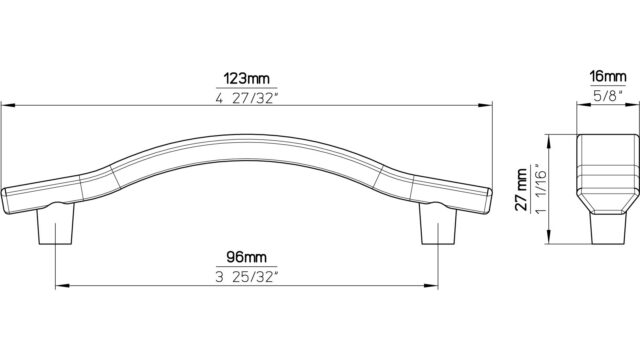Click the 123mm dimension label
pyautogui.click(x=247, y=78)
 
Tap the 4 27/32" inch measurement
pyautogui.click(x=247, y=98)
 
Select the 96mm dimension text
pyautogui.click(x=247, y=257)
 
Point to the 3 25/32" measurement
pyautogui.click(x=247, y=277)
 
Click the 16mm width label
pyautogui.click(x=608, y=76)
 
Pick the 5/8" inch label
pyautogui.click(x=608, y=96)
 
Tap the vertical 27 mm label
pyautogui.click(x=521, y=189)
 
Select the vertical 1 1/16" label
pyautogui.click(x=541, y=189)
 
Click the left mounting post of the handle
pyautogui.click(x=56, y=224)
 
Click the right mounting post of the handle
pyautogui.click(x=438, y=224)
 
